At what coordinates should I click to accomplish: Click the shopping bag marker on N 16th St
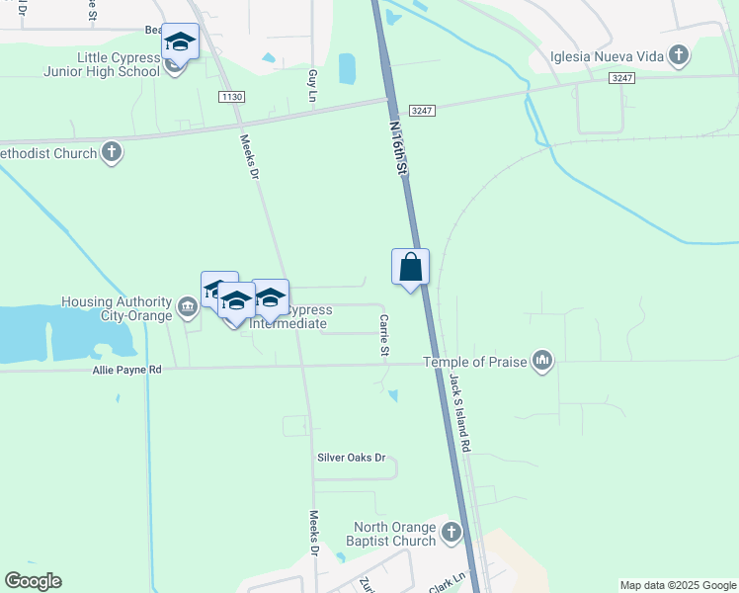pyautogui.click(x=411, y=268)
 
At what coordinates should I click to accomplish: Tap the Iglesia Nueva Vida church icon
pyautogui.click(x=678, y=55)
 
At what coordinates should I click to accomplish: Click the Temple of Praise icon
pyautogui.click(x=541, y=361)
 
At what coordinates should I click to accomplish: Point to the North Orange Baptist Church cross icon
pyautogui.click(x=452, y=534)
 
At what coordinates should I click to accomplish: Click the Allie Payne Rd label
pyautogui.click(x=126, y=369)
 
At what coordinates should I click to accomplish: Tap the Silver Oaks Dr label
pyautogui.click(x=351, y=459)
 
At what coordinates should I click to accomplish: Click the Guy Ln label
pyautogui.click(x=312, y=82)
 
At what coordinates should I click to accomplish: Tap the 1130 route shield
pyautogui.click(x=232, y=96)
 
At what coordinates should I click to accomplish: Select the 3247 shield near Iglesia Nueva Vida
pyautogui.click(x=621, y=77)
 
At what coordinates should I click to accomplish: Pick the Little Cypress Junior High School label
pyautogui.click(x=102, y=64)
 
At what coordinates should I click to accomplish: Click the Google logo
pyautogui.click(x=34, y=581)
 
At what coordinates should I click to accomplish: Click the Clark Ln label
pyautogui.click(x=447, y=579)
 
